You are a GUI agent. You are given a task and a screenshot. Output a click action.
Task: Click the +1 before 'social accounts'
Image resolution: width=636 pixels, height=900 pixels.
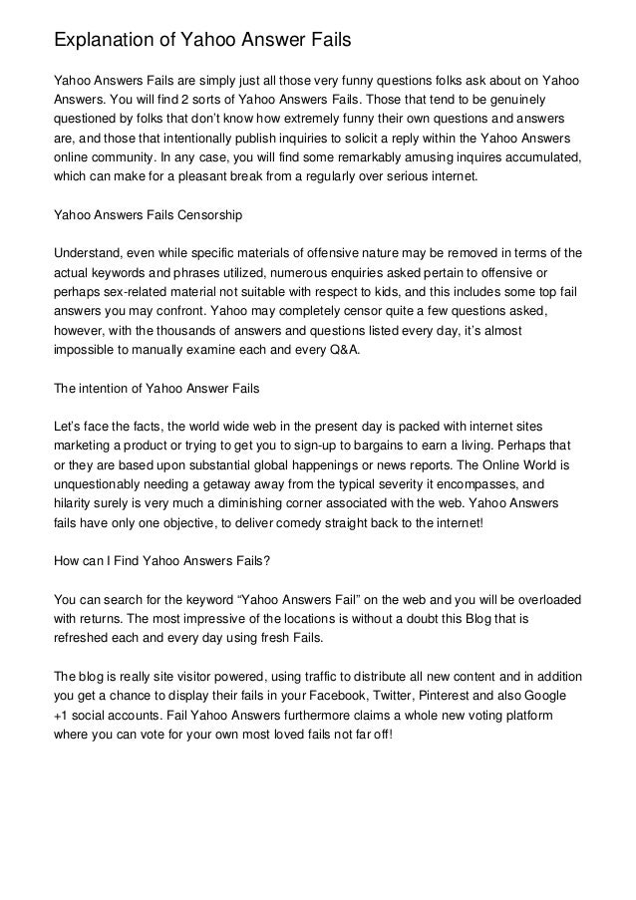(63, 717)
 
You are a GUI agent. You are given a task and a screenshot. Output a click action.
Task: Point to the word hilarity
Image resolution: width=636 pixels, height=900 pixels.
(82, 497)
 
